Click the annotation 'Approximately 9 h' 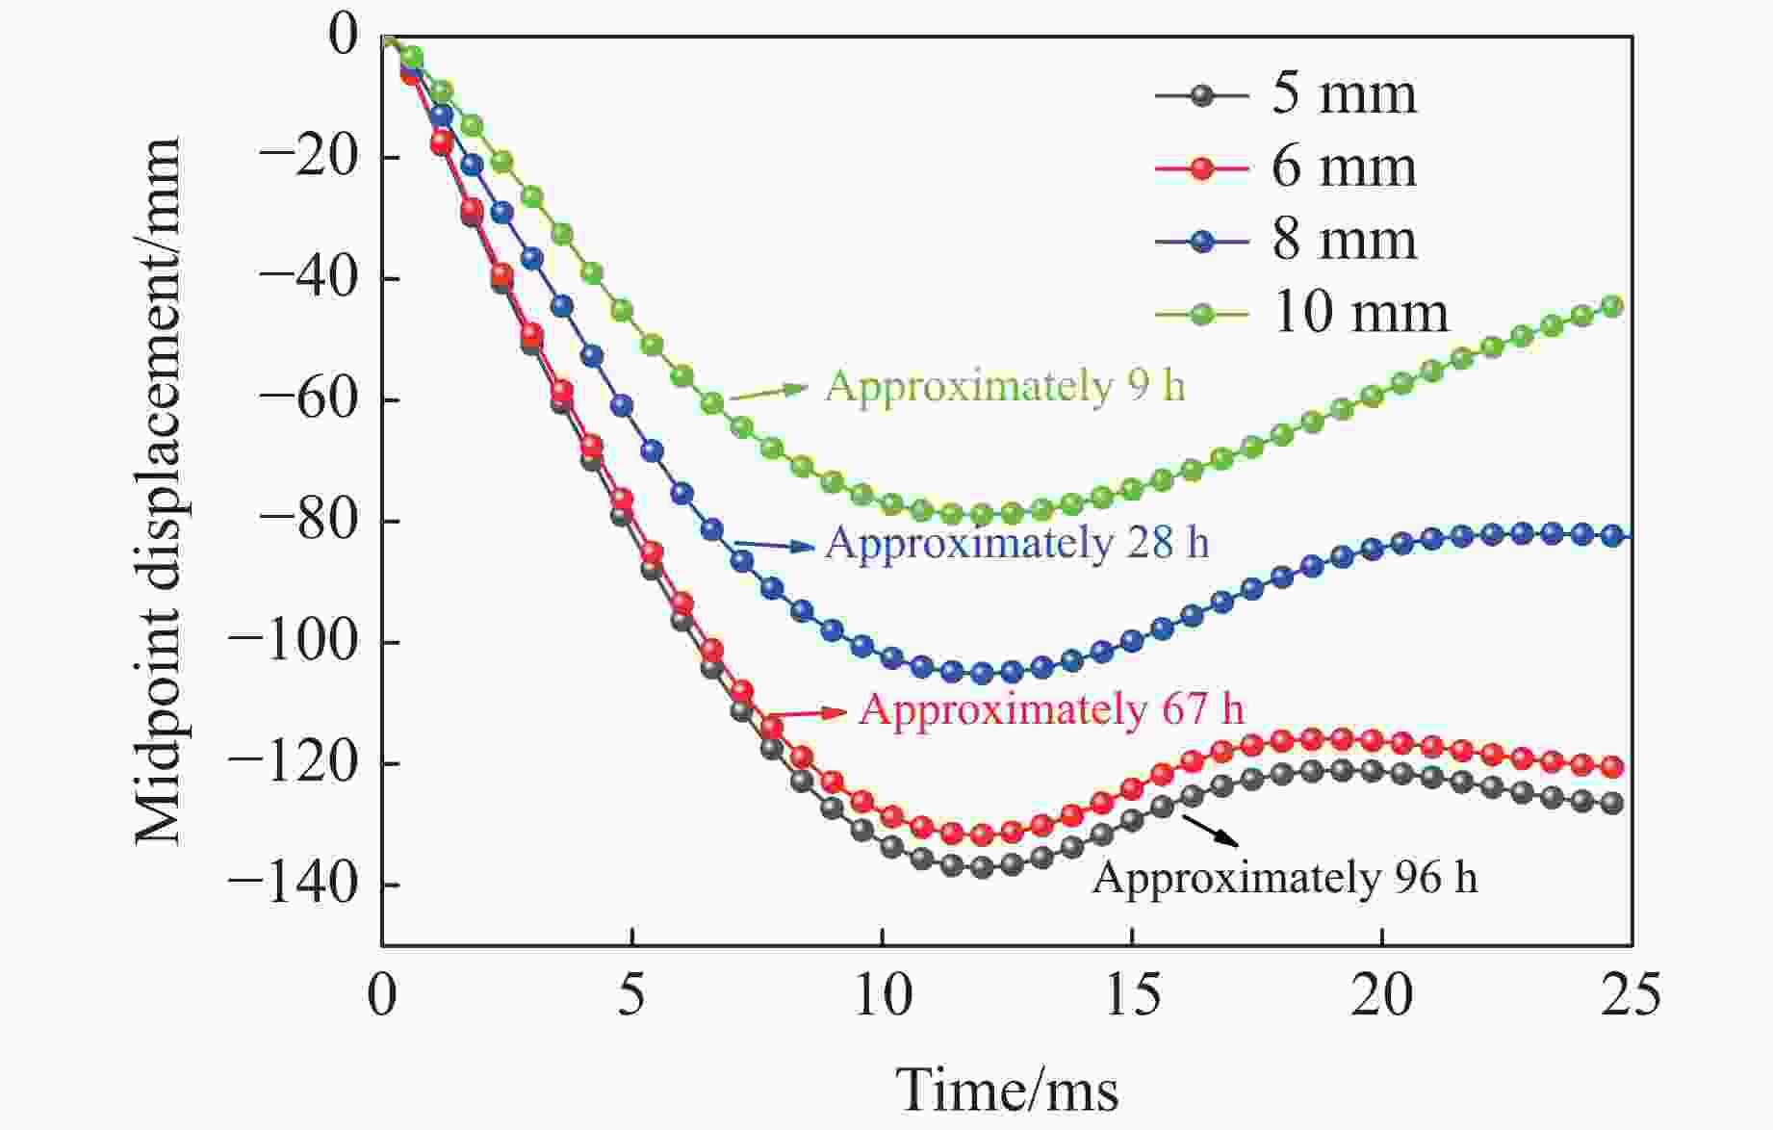coord(1005,387)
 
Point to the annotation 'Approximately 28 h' coord(1016,543)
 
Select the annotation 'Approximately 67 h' coord(1051,710)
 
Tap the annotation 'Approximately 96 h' coord(1284,878)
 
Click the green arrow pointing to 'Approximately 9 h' coord(770,392)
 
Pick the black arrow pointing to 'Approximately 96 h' coord(1210,830)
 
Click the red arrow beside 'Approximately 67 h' coord(809,713)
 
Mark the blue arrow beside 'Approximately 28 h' coord(775,546)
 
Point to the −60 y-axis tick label coord(308,399)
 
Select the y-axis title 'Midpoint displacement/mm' coord(158,491)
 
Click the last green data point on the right coord(1612,307)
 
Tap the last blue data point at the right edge coord(1612,536)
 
